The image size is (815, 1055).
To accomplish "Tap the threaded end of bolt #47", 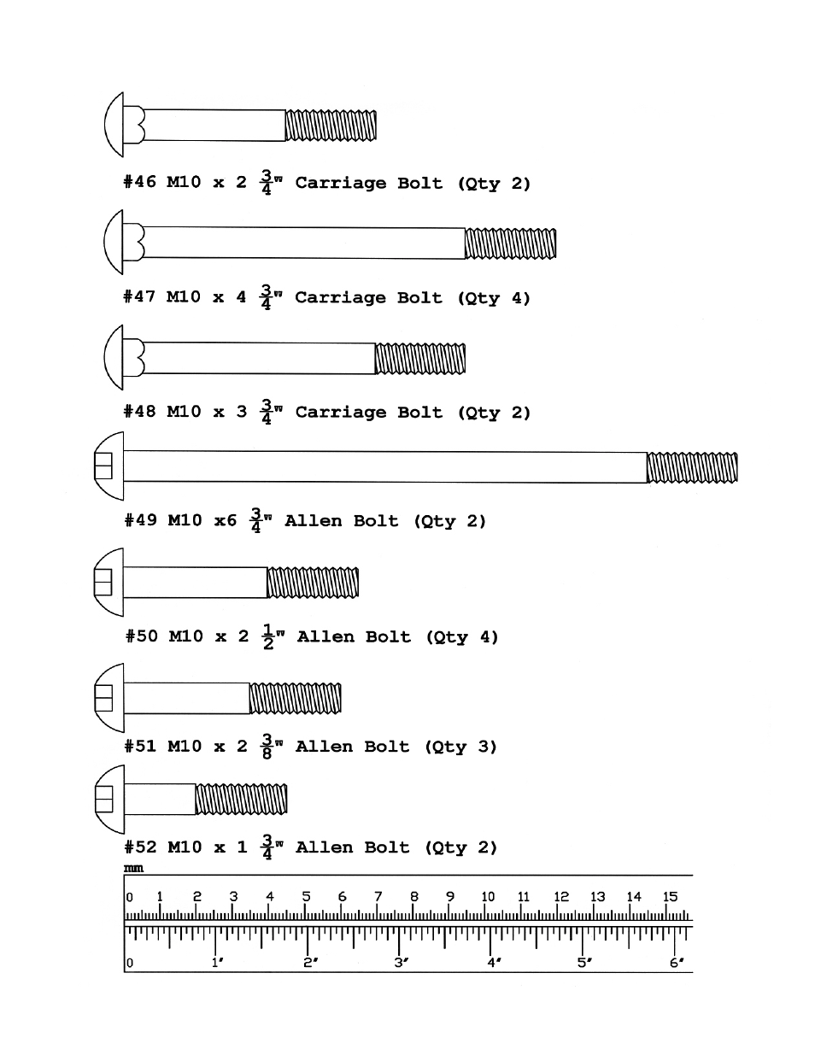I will pos(510,243).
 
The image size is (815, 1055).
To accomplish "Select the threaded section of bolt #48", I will pos(420,359).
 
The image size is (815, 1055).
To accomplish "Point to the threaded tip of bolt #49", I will pos(692,468).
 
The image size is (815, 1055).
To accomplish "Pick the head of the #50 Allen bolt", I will pos(107,583).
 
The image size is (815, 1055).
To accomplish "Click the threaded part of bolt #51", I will pos(295,698).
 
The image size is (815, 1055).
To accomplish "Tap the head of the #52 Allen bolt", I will pos(107,799).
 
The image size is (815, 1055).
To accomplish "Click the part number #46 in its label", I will pos(140,183).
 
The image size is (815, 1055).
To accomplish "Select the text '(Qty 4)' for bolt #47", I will pos(493,298).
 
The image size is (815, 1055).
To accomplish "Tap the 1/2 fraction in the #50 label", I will pos(269,636).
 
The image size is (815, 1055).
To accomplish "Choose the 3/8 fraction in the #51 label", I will pos(267,746).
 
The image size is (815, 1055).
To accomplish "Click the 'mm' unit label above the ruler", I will pos(133,869).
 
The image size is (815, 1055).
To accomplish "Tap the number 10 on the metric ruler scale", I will pos(488,897).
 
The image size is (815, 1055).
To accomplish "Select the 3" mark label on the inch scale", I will pos(401,963).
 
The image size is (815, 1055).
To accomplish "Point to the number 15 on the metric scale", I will pos(670,897).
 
